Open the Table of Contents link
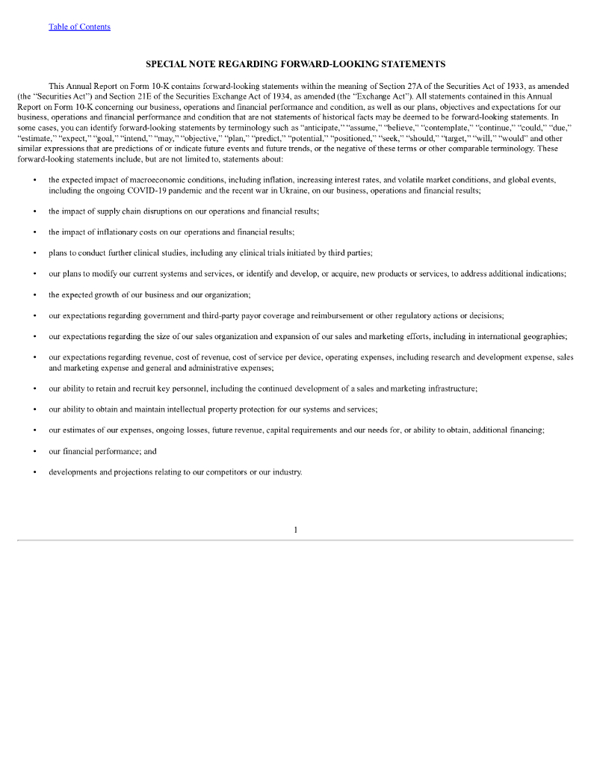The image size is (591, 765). click(79, 27)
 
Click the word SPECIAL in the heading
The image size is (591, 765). click(168, 64)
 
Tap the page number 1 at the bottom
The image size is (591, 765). click(295, 530)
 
